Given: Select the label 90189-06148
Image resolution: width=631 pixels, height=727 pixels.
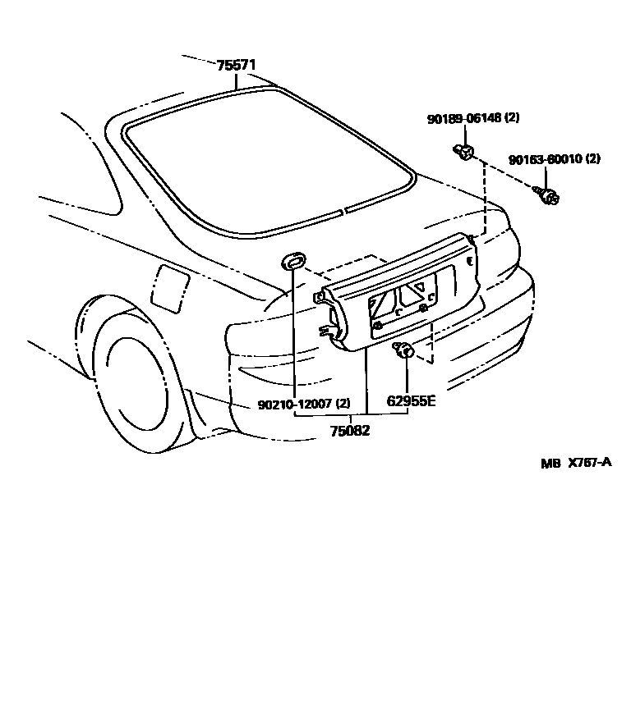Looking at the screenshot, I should click(463, 118).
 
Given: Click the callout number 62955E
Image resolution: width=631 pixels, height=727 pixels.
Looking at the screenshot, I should click(411, 403).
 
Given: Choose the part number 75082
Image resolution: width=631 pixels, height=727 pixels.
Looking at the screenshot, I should click(350, 430).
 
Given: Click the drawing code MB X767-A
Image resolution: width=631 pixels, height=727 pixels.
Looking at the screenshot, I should click(576, 463).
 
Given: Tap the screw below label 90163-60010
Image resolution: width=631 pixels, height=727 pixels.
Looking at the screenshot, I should click(547, 195).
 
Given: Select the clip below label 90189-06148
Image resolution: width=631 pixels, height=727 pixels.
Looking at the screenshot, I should click(464, 151).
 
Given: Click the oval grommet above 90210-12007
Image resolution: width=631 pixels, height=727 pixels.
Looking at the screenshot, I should click(292, 262).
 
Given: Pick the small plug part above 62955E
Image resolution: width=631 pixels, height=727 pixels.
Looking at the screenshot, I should click(404, 351).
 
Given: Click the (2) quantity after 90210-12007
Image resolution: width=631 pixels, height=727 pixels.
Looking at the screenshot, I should click(343, 404).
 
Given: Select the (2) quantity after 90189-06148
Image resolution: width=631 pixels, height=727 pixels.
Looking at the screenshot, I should click(511, 118).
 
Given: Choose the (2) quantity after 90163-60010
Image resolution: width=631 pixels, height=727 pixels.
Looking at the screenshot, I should click(592, 159).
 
